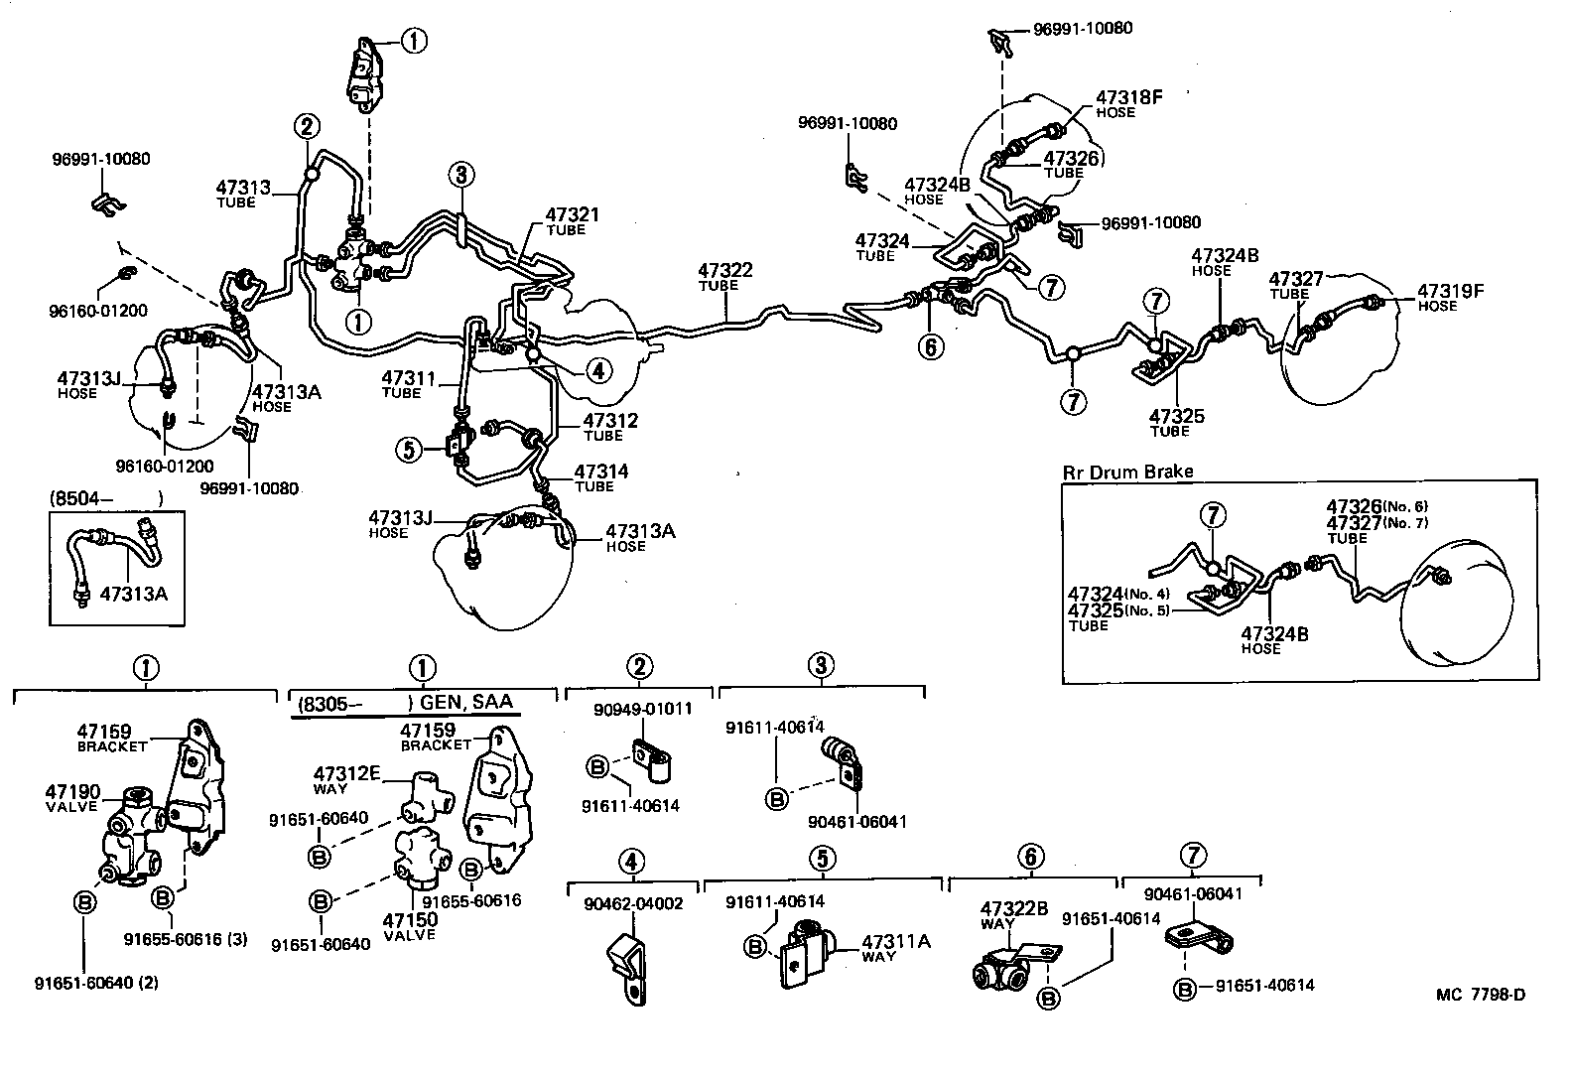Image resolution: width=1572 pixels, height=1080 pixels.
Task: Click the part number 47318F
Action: [x=1128, y=98]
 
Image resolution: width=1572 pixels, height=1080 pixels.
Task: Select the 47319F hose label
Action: [x=1450, y=291]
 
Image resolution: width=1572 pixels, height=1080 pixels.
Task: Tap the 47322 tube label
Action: [x=724, y=270]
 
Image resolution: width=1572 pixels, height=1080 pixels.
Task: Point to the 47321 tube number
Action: [x=573, y=215]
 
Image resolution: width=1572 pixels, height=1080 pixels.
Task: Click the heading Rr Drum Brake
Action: [x=1127, y=472]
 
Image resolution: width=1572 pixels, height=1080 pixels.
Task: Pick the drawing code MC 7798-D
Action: [x=1479, y=995]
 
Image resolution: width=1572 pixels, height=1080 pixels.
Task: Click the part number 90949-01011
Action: [x=643, y=710]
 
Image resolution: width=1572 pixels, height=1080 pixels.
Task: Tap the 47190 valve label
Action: [x=72, y=791]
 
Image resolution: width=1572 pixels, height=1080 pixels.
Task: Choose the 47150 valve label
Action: [x=410, y=920]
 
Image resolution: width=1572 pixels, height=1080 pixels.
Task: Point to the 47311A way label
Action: [x=895, y=942]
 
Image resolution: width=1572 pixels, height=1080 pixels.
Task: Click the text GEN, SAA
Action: [x=466, y=703]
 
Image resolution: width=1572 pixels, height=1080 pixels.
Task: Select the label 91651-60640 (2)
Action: [x=96, y=984]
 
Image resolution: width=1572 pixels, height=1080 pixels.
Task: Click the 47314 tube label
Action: [x=600, y=472]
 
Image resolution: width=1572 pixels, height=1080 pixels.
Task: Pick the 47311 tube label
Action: [x=408, y=378]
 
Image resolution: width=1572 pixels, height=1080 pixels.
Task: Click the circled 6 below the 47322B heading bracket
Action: [x=1030, y=857]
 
